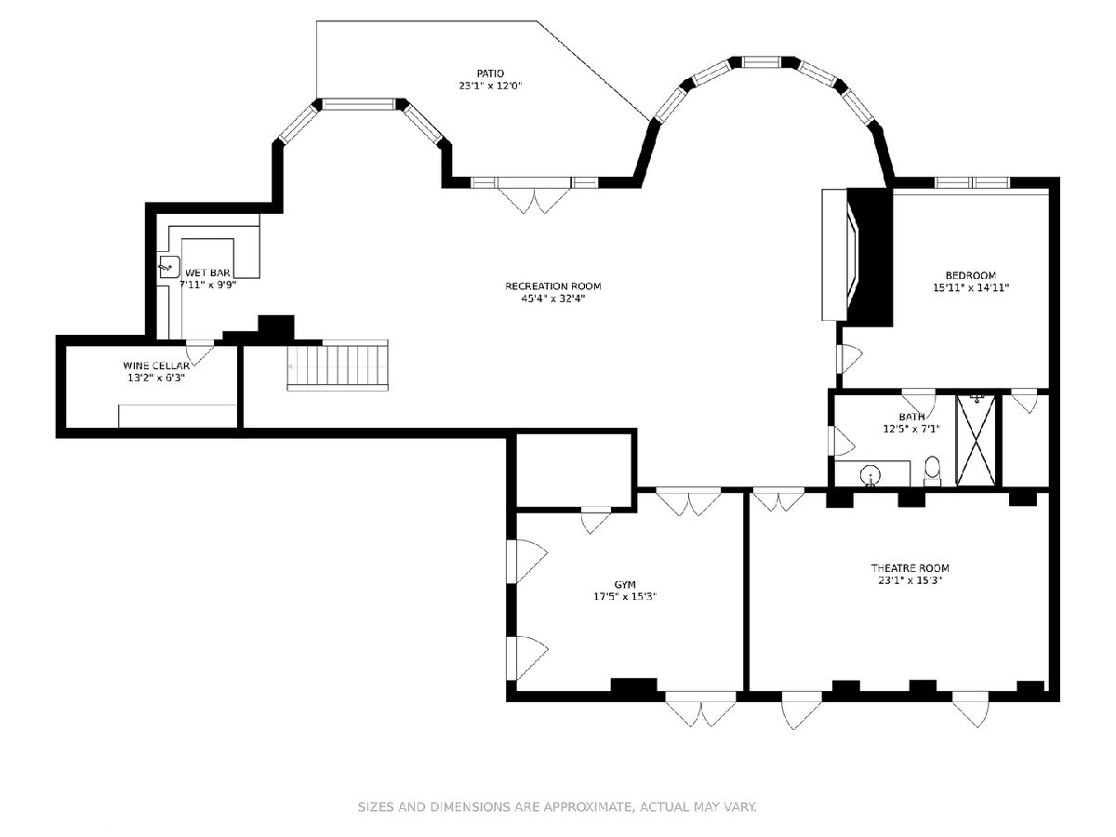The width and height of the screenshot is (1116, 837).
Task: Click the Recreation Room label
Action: click(x=553, y=286)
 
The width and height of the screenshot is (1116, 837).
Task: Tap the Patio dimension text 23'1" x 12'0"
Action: click(x=491, y=86)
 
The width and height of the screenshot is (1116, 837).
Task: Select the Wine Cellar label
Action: click(x=156, y=365)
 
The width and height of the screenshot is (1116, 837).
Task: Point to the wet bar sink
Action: click(x=169, y=267)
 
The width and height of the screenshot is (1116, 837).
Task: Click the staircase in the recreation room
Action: click(x=338, y=365)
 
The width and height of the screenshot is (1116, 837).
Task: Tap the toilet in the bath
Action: click(x=932, y=470)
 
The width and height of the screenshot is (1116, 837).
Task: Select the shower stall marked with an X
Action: click(x=976, y=440)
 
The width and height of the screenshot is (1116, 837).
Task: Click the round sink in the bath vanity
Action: click(x=870, y=476)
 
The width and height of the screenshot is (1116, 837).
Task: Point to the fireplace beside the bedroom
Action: click(x=857, y=255)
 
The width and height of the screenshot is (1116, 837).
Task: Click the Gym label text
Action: click(x=625, y=584)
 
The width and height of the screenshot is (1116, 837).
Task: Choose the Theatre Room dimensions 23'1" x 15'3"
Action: click(x=910, y=580)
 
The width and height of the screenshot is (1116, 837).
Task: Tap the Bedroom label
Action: click(x=971, y=275)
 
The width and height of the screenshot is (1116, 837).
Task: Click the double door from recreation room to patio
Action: click(x=535, y=195)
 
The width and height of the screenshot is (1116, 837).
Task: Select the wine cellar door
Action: click(x=200, y=352)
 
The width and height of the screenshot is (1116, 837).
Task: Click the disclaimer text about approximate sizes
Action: click(x=557, y=806)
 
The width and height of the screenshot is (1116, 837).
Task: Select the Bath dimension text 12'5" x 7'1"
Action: click(x=911, y=429)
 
